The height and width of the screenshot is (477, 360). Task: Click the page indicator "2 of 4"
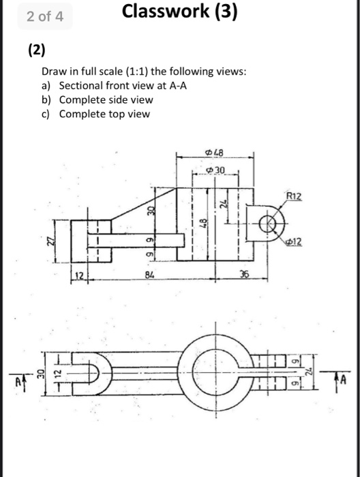[46, 17]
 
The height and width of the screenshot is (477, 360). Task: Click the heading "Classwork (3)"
[180, 13]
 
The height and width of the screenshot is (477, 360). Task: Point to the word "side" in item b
[116, 99]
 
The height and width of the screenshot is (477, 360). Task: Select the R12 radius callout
[293, 196]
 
